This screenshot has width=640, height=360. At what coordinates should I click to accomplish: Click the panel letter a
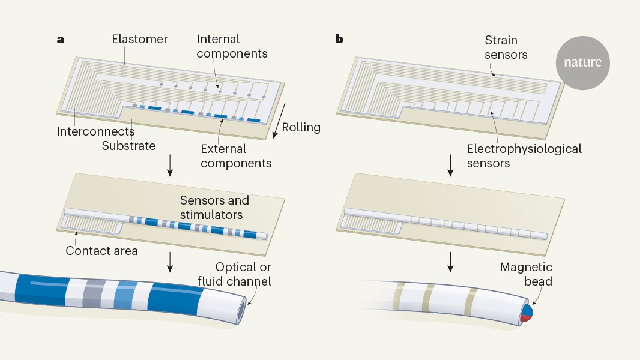pos(60,40)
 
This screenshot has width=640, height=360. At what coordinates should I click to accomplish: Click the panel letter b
pos(340,40)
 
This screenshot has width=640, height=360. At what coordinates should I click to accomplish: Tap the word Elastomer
pos(140,40)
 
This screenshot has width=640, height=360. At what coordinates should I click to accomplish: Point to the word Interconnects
pos(95,131)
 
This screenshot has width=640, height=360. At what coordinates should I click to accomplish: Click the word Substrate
pos(128,146)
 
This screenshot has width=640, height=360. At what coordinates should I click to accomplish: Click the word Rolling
pos(301,127)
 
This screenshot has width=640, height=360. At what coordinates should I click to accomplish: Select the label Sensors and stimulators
pos(214,207)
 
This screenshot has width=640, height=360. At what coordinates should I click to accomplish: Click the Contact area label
pos(101,251)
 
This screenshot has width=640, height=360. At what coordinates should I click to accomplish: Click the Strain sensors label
pos(506,48)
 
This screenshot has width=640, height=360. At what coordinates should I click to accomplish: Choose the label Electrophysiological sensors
pos(524,155)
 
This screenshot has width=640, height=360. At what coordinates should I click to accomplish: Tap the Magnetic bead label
pos(526,274)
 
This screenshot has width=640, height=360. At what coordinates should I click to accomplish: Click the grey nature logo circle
pos(582,62)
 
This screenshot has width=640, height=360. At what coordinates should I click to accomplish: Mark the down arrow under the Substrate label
pos(170,166)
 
